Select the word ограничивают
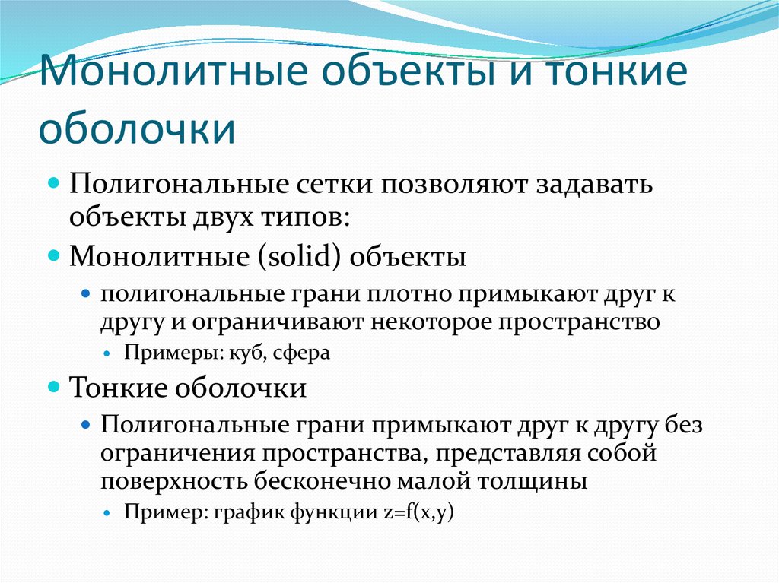[x=279, y=322]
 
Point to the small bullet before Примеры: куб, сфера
[x=107, y=354]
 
